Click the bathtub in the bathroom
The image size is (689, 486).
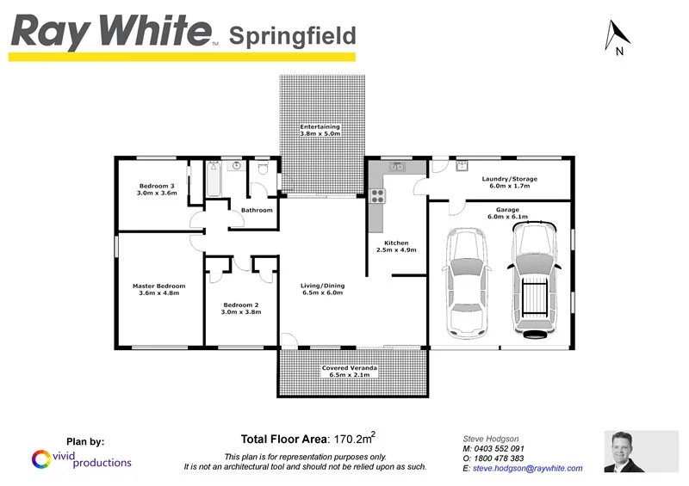pyautogui.click(x=212, y=181)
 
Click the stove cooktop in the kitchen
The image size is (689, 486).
pyautogui.click(x=376, y=196)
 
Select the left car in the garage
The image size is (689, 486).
pyautogui.click(x=465, y=283)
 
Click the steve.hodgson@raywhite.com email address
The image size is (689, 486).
pyautogui.click(x=528, y=469)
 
